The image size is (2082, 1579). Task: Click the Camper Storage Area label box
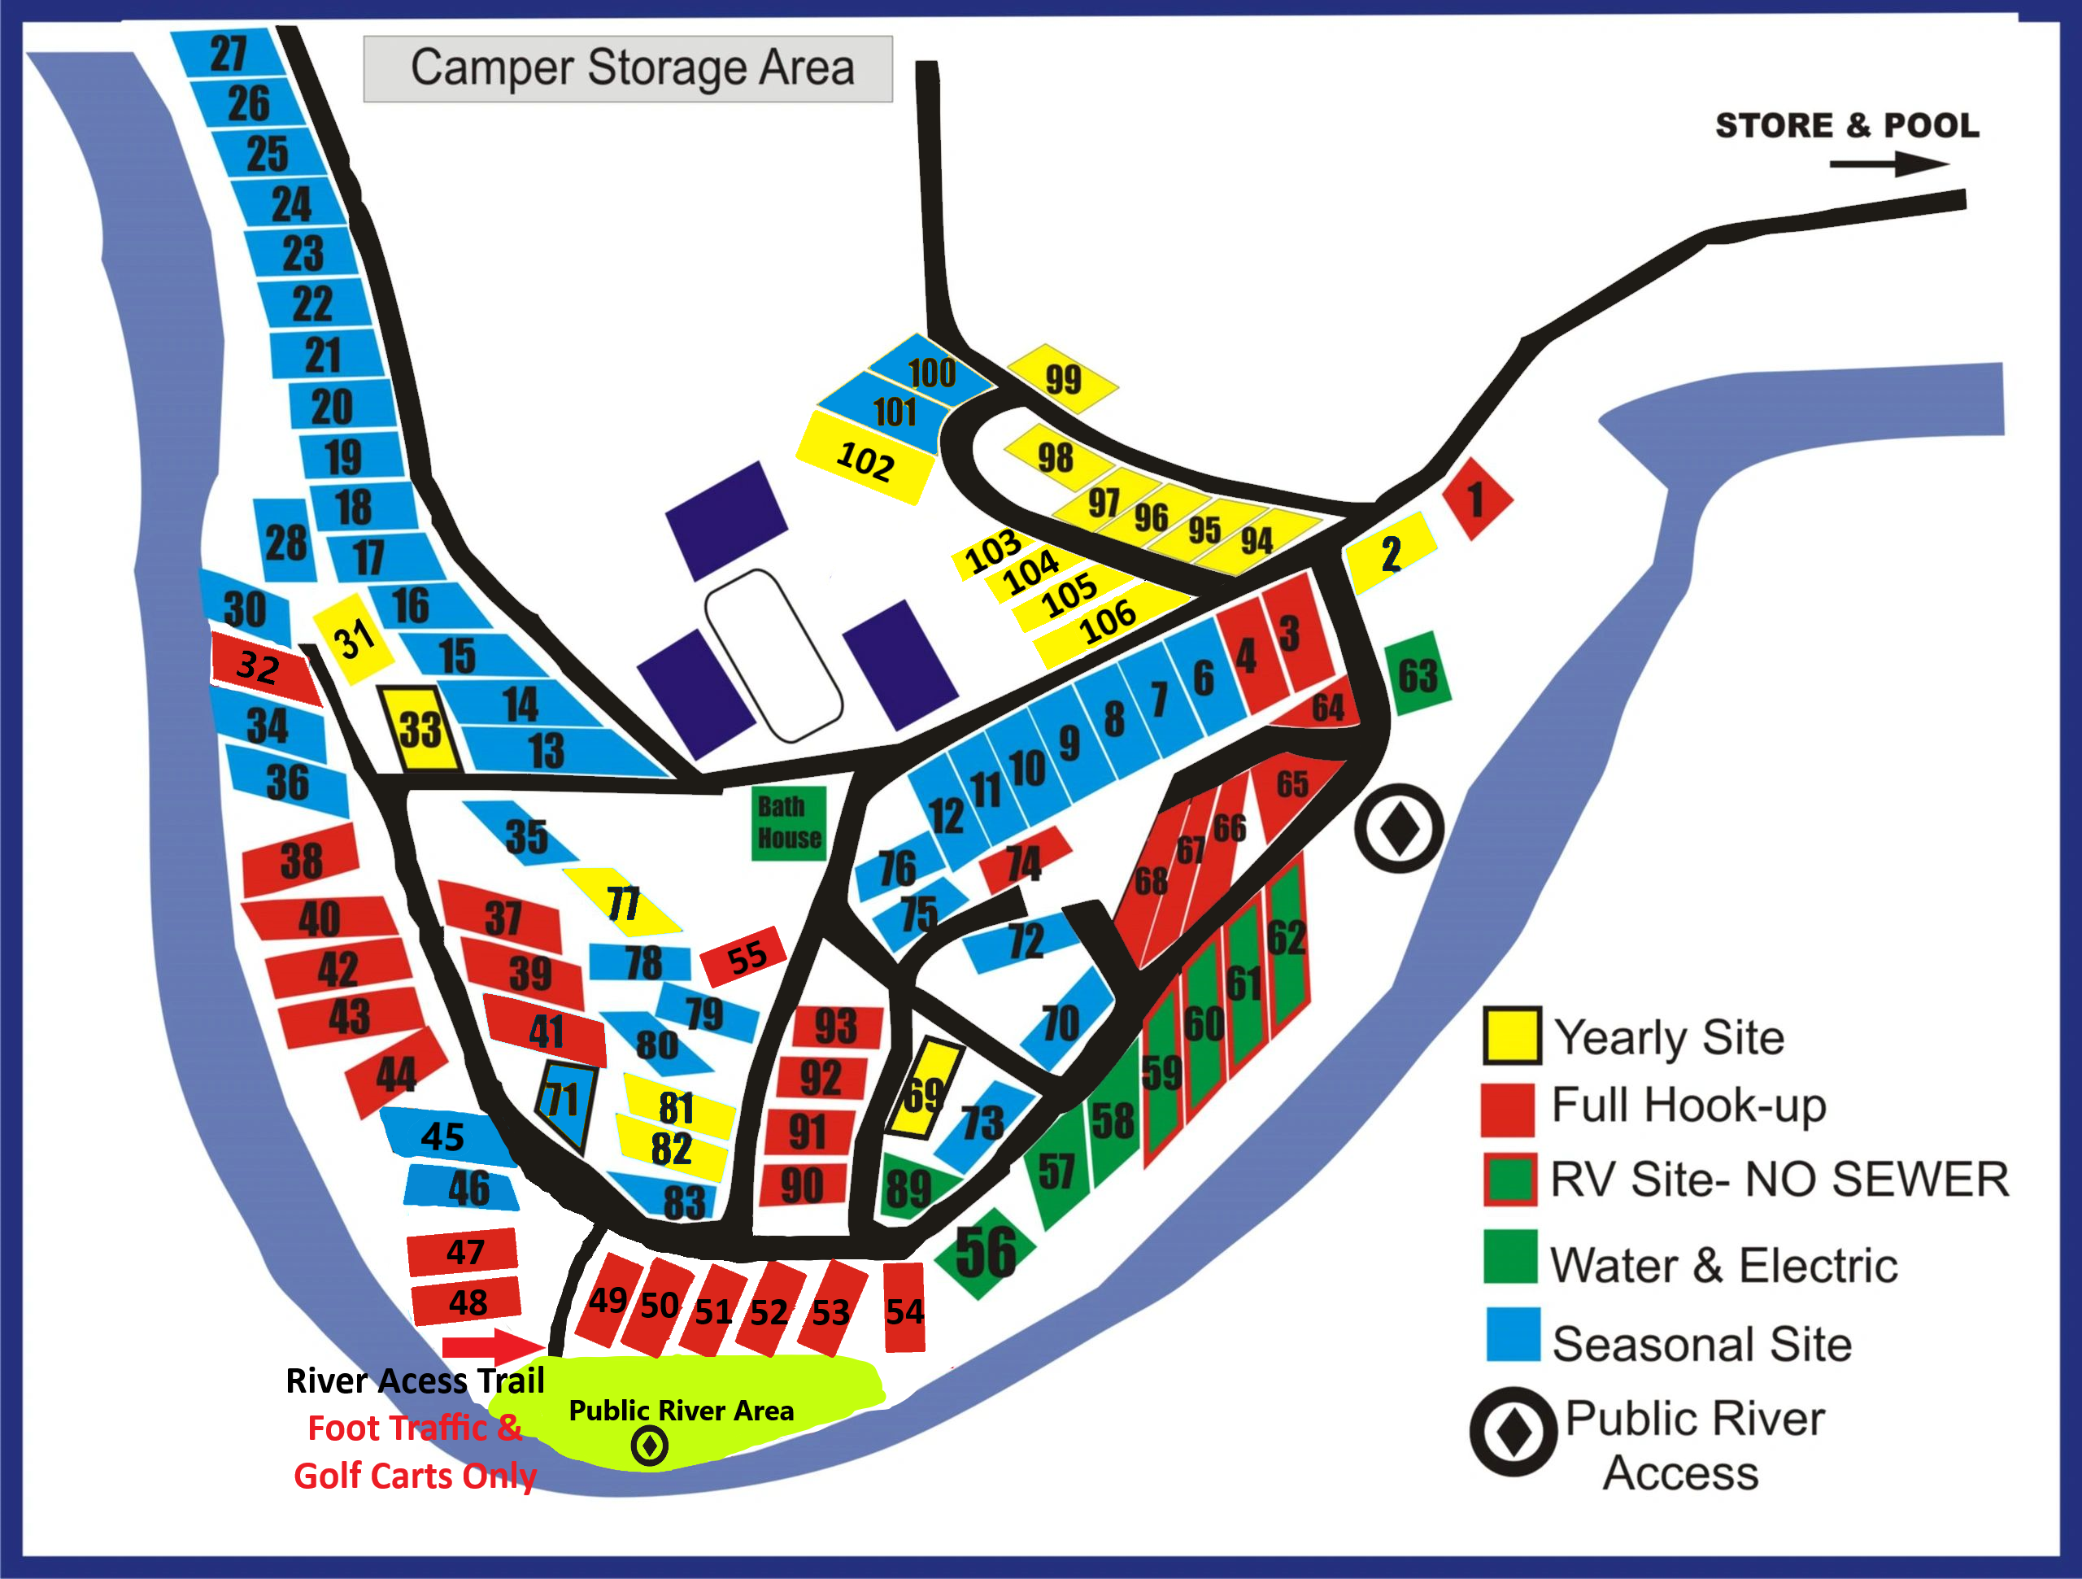(628, 68)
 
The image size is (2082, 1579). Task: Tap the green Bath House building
(789, 823)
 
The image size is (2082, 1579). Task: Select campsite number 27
(229, 53)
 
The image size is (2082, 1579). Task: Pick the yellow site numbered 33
(420, 729)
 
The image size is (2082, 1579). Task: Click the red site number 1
(1477, 498)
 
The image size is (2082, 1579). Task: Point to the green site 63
(1418, 674)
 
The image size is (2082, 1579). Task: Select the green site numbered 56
(986, 1252)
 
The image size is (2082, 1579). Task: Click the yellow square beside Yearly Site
(1512, 1035)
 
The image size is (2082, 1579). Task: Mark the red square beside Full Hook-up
(1508, 1108)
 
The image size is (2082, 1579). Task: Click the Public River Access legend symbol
(1514, 1431)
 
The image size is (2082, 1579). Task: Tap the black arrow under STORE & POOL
(1887, 165)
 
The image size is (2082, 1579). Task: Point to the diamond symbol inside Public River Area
(650, 1446)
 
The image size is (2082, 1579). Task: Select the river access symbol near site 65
(1400, 829)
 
